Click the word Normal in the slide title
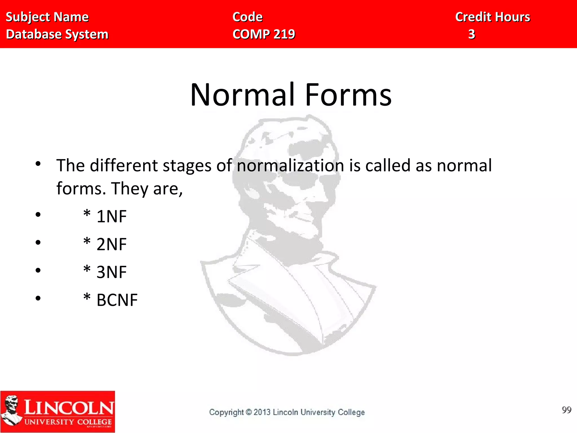243,95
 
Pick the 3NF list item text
112,272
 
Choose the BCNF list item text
117,300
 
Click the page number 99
566,410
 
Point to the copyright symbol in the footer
248,412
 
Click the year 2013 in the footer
262,412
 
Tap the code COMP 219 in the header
264,34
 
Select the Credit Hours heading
492,17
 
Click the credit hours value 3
472,34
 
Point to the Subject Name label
47,17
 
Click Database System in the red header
57,34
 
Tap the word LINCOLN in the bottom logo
69,408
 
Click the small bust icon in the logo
11,409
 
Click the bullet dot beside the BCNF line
38,298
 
